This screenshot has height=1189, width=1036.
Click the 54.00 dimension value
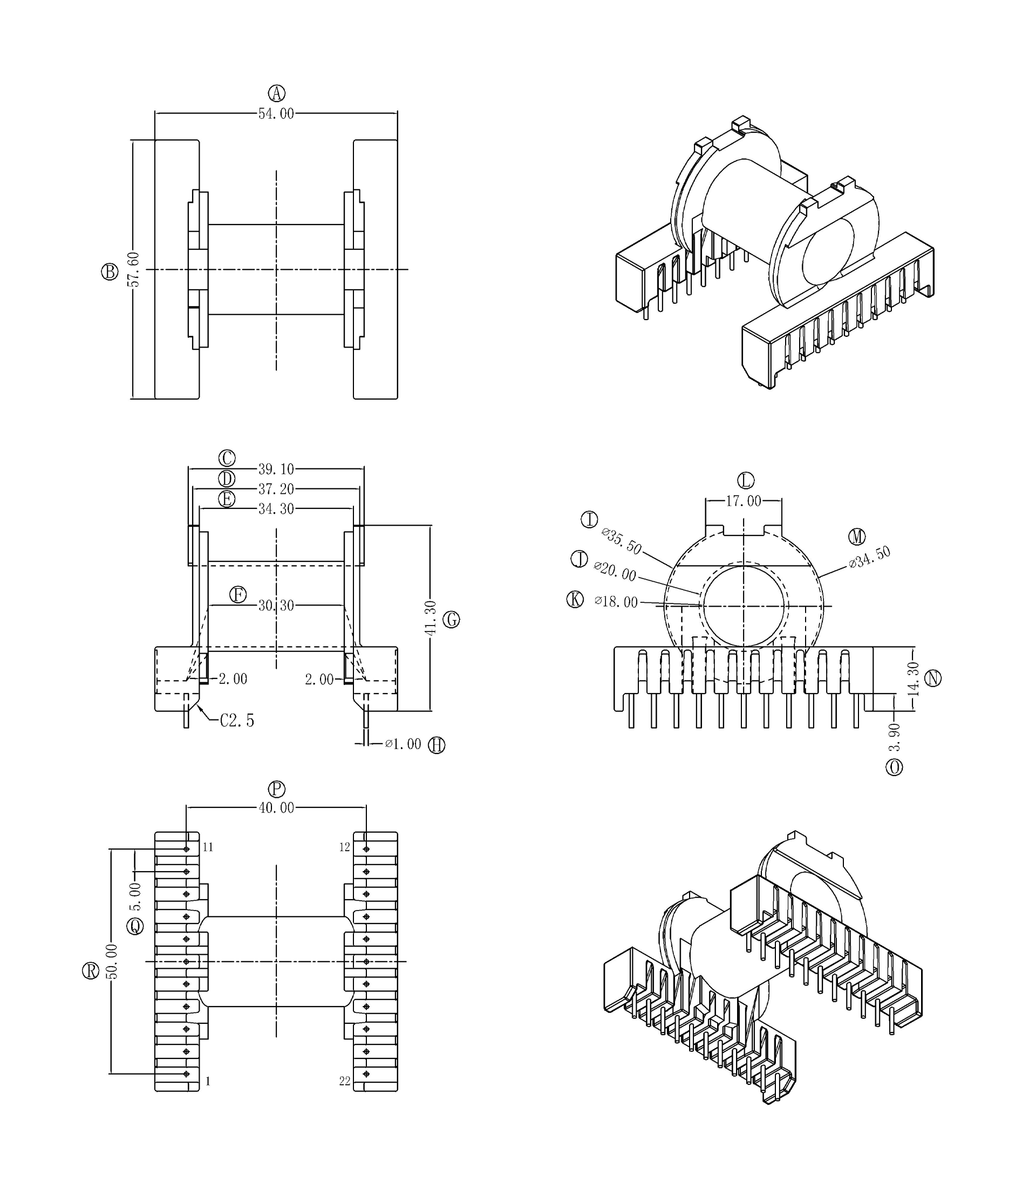point(276,114)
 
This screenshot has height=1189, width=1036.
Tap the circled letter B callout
point(110,272)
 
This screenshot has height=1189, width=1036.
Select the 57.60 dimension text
point(134,269)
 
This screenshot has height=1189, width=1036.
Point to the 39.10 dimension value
point(276,469)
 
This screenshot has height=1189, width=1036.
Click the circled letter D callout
point(227,479)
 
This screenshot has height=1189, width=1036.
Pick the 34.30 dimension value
point(276,509)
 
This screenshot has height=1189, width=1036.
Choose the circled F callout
point(238,595)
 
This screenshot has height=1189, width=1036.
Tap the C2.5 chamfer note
point(237,721)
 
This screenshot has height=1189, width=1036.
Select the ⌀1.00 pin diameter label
point(404,744)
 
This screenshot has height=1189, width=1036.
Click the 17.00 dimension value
point(744,501)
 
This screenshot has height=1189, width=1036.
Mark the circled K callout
point(575,599)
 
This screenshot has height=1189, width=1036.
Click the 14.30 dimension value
point(913,678)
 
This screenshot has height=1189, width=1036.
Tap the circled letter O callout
point(895,767)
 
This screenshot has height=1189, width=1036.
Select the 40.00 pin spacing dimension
point(276,808)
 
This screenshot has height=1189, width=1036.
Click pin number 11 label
point(208,847)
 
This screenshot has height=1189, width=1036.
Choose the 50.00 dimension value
point(112,961)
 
